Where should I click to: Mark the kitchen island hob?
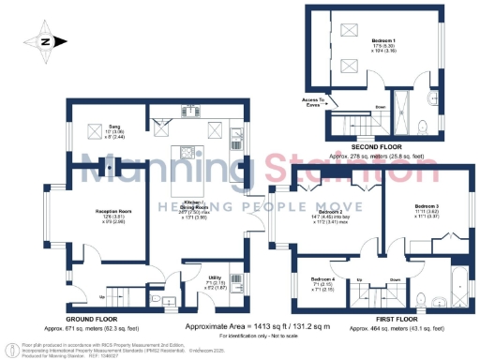[x=187, y=154]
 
